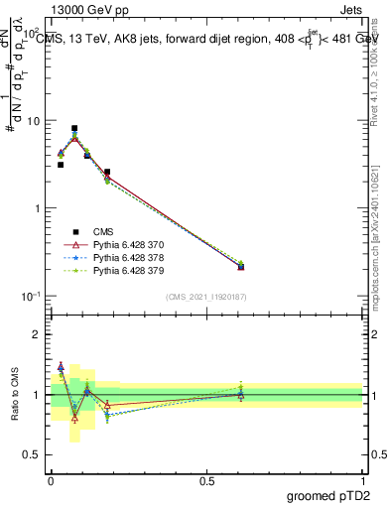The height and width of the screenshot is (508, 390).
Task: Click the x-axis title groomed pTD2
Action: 328,497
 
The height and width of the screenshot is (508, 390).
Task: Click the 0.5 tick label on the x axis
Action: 206,481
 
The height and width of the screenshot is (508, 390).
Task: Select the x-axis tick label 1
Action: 362,481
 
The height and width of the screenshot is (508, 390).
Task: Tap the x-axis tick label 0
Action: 51,481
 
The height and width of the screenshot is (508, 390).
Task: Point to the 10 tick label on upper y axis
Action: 33,120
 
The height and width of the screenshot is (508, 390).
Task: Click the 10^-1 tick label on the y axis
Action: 31,296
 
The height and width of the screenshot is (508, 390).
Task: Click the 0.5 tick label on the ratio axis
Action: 32,455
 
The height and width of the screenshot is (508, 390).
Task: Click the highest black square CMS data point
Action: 74,128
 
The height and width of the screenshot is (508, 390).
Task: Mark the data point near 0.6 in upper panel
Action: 241,266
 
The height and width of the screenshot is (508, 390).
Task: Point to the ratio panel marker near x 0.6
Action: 241,394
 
